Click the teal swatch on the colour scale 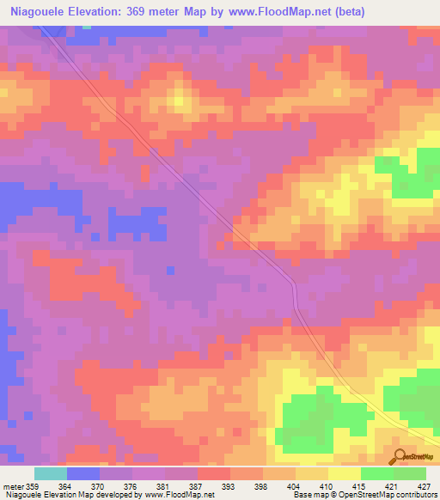pyautogui.click(x=51, y=474)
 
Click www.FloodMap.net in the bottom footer pyautogui.click(x=180, y=495)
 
